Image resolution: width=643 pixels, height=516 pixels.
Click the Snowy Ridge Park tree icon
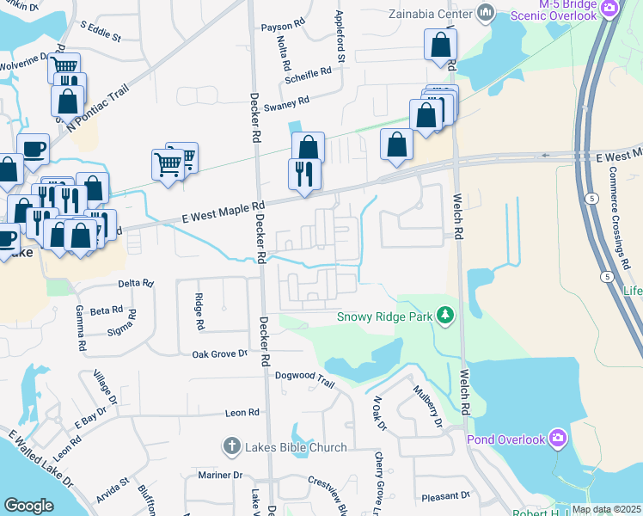[x=445, y=316]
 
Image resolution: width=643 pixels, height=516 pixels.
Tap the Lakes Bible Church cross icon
[x=230, y=446]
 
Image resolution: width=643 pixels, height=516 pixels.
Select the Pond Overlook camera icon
[x=559, y=439]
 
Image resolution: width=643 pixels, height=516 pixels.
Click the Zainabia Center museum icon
[x=485, y=13]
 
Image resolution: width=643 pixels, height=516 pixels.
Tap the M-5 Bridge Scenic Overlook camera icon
[x=610, y=9]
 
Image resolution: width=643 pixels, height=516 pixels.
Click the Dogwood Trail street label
[x=303, y=376]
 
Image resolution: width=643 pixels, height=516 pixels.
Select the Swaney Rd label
[x=286, y=104]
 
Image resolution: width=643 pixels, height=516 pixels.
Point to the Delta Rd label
[x=135, y=283]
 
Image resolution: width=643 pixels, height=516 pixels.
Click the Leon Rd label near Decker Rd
[x=242, y=413]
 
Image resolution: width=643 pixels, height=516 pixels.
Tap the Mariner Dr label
[x=220, y=475]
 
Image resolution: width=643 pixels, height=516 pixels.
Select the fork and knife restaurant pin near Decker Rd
[x=304, y=175]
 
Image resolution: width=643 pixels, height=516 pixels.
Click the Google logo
[x=28, y=506]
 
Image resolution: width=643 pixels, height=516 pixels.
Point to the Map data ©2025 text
[x=606, y=509]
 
